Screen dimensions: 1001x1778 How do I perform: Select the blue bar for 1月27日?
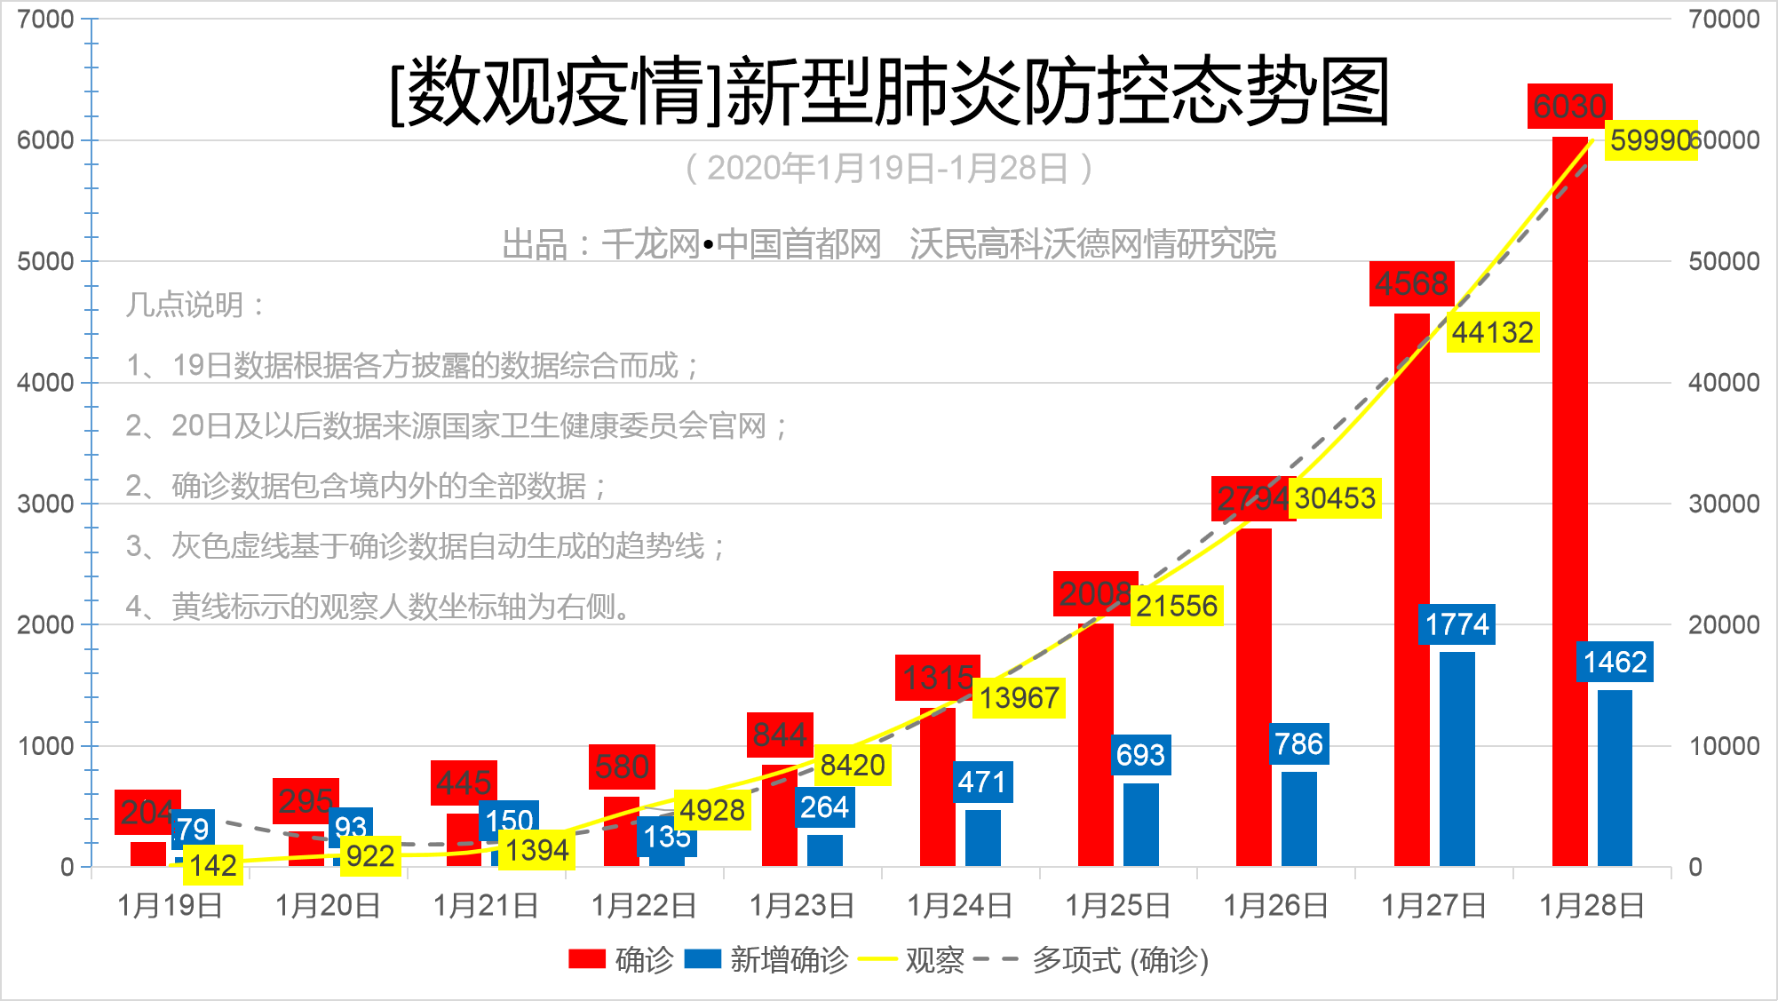[1457, 759]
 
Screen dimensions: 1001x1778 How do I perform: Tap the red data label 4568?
[1411, 284]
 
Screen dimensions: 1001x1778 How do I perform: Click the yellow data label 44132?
[1493, 333]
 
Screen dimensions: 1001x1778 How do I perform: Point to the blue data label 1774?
[1457, 624]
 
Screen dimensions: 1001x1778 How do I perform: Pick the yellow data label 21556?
[1177, 606]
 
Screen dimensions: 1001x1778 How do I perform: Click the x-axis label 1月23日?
[802, 906]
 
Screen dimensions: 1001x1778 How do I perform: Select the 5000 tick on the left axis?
[45, 261]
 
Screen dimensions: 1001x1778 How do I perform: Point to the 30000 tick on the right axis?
[1724, 504]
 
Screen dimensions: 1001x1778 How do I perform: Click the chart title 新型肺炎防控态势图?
[889, 91]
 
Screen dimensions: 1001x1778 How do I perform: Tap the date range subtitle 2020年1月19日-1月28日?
[888, 168]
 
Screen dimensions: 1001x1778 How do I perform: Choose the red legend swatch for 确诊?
[587, 959]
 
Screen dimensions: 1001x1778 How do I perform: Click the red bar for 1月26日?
[1253, 697]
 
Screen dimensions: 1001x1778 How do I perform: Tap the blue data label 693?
[1140, 755]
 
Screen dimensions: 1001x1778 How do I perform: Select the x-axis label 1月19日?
[171, 906]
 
